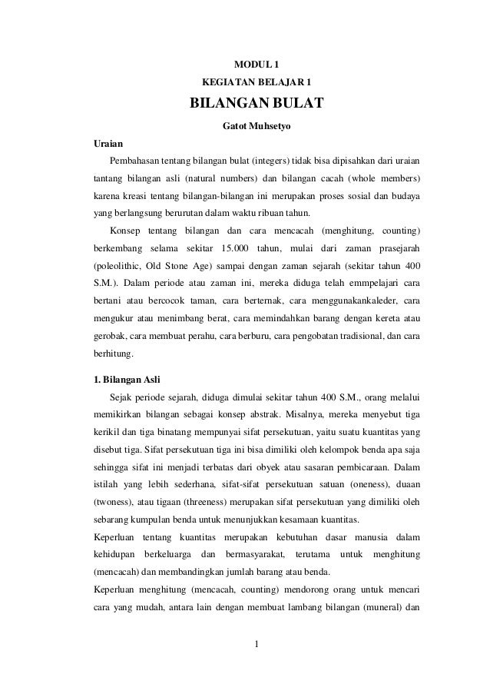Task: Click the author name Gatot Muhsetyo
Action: point(256,125)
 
